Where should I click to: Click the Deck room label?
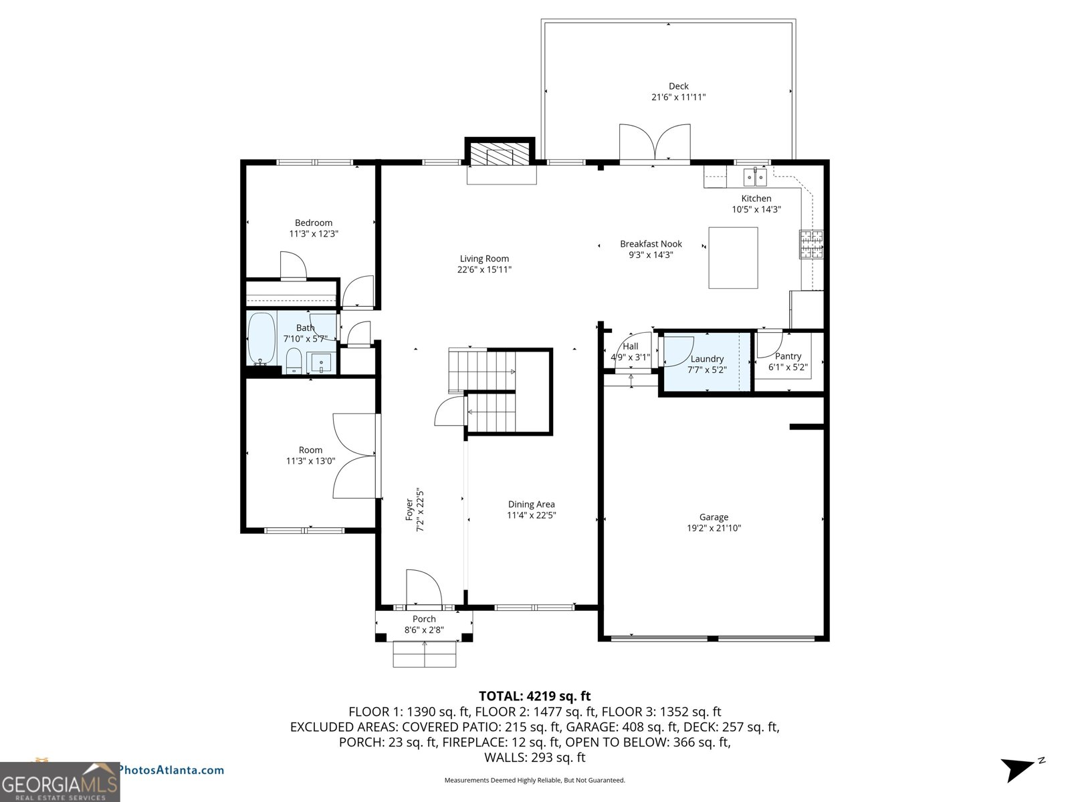(x=678, y=86)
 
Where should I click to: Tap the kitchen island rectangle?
(x=733, y=257)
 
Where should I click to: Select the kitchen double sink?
(x=755, y=177)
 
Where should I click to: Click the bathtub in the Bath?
(x=261, y=338)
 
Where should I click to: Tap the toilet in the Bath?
(x=294, y=362)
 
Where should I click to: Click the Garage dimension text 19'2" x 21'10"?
(x=714, y=528)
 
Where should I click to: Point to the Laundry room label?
(x=707, y=359)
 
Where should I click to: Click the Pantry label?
(x=788, y=356)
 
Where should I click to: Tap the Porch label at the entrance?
(x=424, y=619)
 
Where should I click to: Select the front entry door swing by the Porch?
(x=424, y=588)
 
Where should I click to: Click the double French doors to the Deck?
(x=655, y=143)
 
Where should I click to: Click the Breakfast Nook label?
(x=651, y=244)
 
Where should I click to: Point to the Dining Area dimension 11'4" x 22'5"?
(x=532, y=515)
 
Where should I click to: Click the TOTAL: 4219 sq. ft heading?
(x=534, y=696)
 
